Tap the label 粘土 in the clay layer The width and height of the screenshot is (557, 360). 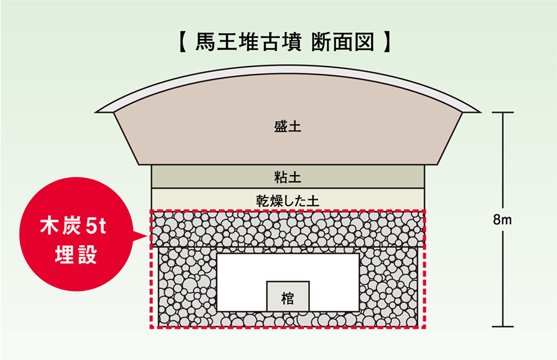pos(287,177)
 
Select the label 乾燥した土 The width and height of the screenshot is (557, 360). pos(287,199)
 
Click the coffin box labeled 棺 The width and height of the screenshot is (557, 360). pos(288,297)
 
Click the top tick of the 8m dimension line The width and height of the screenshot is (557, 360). pos(502,113)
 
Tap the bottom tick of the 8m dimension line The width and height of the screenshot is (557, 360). pos(502,326)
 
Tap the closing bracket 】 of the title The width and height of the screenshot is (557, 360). pos(389,43)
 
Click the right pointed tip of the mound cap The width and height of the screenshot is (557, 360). pos(479,112)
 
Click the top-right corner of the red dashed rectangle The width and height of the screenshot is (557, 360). pos(424,211)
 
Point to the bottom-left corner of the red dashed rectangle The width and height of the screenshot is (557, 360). pos(150,328)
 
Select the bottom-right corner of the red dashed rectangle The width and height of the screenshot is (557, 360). pos(424,328)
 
